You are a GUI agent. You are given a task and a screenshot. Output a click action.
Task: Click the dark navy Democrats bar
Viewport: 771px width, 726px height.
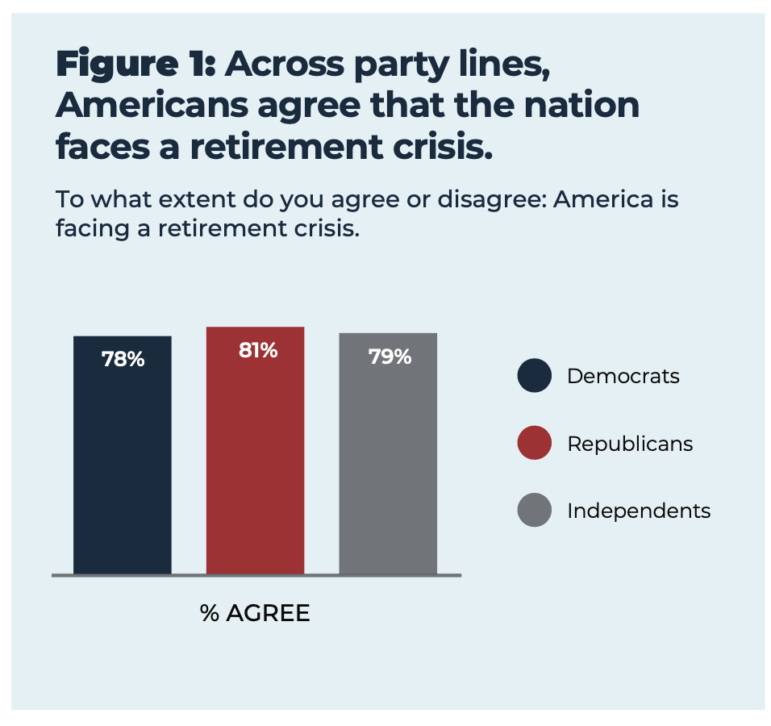123,455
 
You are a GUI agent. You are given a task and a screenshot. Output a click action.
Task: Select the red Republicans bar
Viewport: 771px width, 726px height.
255,450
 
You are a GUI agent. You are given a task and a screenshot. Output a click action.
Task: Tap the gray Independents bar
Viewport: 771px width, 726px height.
388,453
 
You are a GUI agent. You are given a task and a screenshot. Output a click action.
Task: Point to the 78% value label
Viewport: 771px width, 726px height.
123,360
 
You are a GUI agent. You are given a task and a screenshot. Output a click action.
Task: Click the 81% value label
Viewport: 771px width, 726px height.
258,351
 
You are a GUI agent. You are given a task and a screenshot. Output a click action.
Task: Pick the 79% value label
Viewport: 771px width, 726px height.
390,357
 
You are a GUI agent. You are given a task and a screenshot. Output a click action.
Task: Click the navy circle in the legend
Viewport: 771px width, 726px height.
535,375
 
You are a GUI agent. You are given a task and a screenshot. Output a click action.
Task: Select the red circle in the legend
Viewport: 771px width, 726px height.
535,443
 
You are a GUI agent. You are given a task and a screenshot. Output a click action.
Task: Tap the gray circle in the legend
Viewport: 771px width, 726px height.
535,510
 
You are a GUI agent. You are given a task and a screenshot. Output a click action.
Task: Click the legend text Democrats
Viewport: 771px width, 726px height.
623,376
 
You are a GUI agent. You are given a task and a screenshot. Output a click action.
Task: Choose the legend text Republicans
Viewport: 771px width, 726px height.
630,444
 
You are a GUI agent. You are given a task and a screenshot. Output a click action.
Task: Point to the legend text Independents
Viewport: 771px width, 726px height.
639,511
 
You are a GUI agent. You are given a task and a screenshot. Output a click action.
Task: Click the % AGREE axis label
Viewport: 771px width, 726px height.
255,613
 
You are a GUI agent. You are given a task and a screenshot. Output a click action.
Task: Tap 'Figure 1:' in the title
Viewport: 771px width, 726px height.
135,65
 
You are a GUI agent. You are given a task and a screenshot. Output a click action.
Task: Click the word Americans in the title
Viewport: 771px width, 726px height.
152,105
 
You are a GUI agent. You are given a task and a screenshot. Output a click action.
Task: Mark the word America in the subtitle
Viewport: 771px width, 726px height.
602,199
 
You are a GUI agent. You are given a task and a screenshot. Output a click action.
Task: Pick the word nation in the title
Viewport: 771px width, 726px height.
581,105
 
